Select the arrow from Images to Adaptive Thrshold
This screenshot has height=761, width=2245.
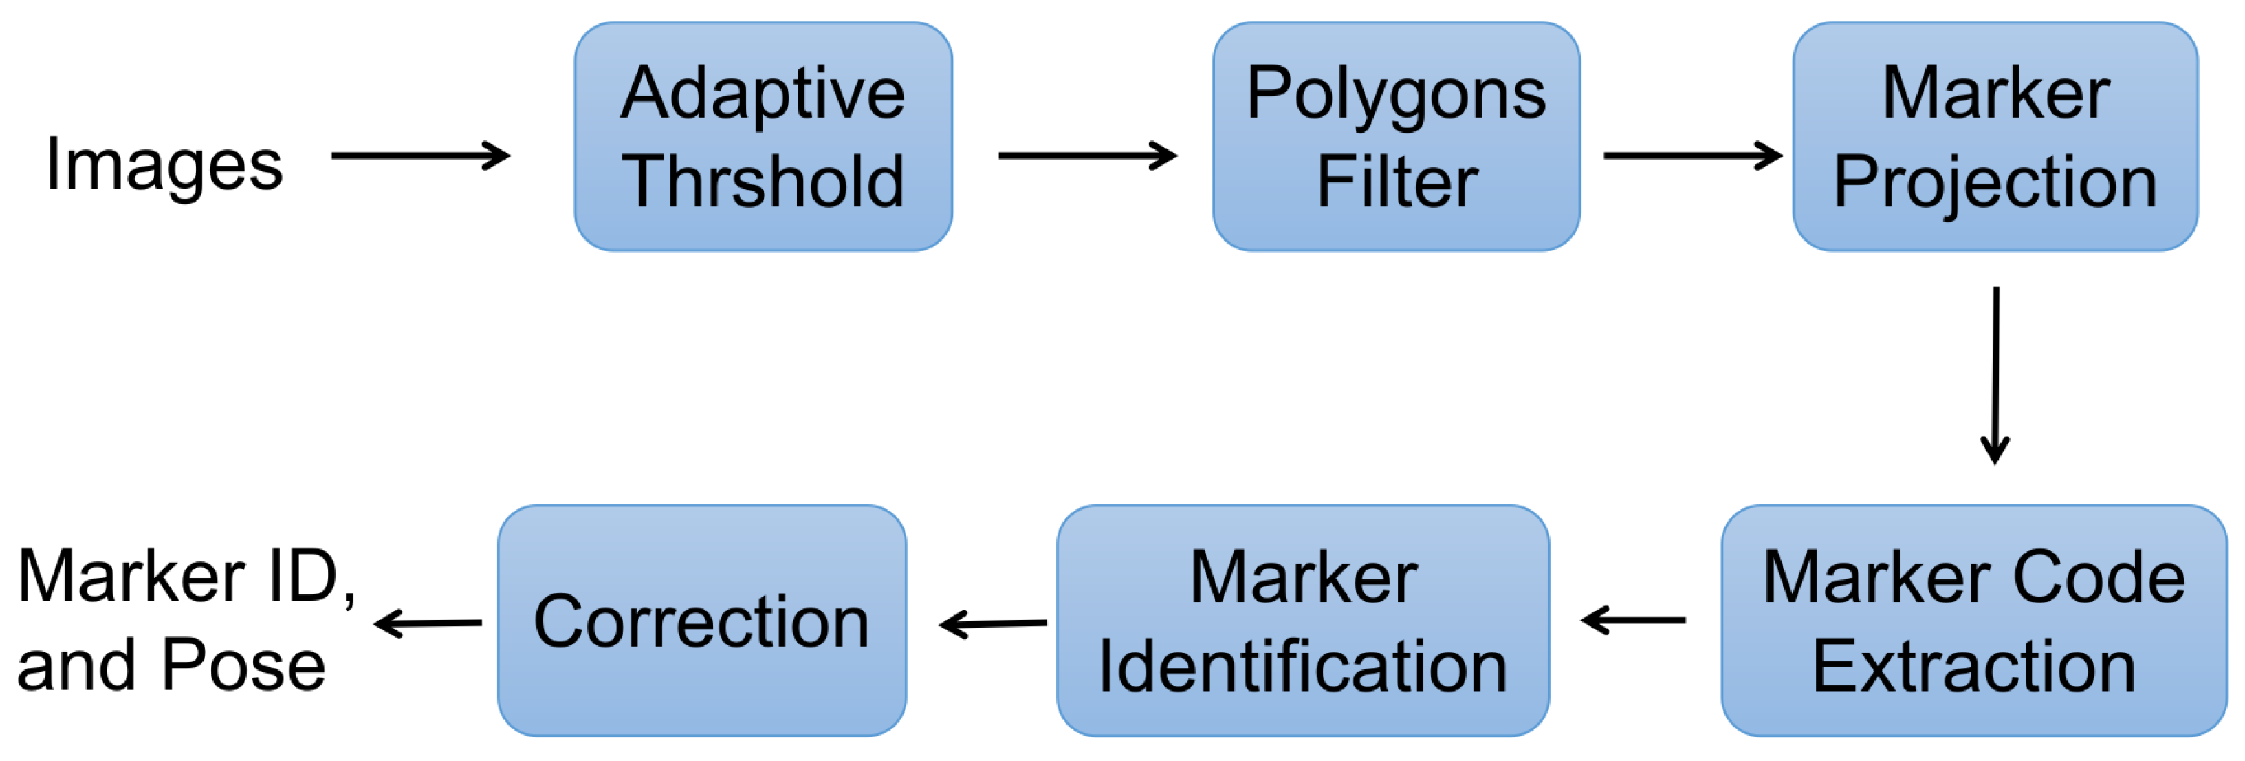click(x=420, y=156)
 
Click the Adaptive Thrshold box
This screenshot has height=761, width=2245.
click(x=763, y=137)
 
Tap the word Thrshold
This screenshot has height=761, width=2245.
click(x=763, y=182)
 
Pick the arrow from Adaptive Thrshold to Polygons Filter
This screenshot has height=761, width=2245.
click(x=1087, y=156)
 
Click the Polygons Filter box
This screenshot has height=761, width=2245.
click(x=1396, y=137)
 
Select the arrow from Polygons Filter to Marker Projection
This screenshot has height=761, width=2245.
click(x=1692, y=156)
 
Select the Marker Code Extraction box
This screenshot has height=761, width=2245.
click(x=1974, y=621)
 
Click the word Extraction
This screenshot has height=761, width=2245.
click(x=1974, y=667)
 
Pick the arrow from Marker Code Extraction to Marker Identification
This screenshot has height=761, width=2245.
click(x=1633, y=621)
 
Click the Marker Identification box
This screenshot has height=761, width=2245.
click(x=1303, y=621)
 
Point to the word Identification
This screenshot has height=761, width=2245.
click(x=1303, y=667)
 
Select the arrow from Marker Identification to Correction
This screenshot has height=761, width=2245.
click(x=994, y=623)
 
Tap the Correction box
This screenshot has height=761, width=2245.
click(x=701, y=621)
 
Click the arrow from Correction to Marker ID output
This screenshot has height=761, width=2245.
click(x=428, y=623)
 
